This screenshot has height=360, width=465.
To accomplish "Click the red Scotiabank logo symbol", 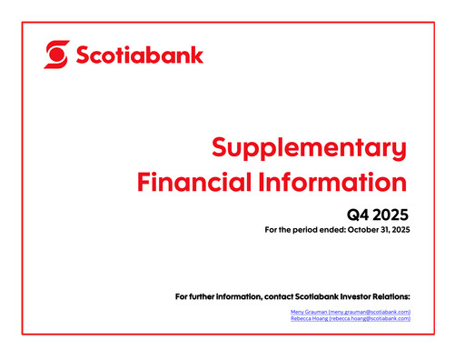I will (x=56, y=55).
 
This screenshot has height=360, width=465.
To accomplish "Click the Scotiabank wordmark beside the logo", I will (x=139, y=55).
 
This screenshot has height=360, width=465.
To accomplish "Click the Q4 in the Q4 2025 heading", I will (x=359, y=215).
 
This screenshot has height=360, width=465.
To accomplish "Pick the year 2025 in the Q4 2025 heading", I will (x=391, y=215).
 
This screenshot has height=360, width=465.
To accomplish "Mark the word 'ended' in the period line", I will (x=318, y=231).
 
